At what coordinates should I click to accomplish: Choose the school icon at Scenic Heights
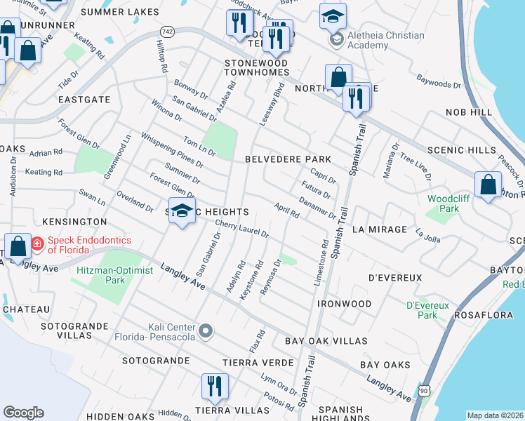[182, 210]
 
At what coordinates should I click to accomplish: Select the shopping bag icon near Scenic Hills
[488, 185]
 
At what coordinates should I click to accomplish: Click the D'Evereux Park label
[422, 310]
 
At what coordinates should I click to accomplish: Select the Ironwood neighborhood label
[344, 304]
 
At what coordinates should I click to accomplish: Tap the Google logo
[23, 413]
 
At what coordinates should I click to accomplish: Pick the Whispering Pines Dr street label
[172, 149]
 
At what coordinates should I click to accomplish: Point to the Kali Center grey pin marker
[206, 330]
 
